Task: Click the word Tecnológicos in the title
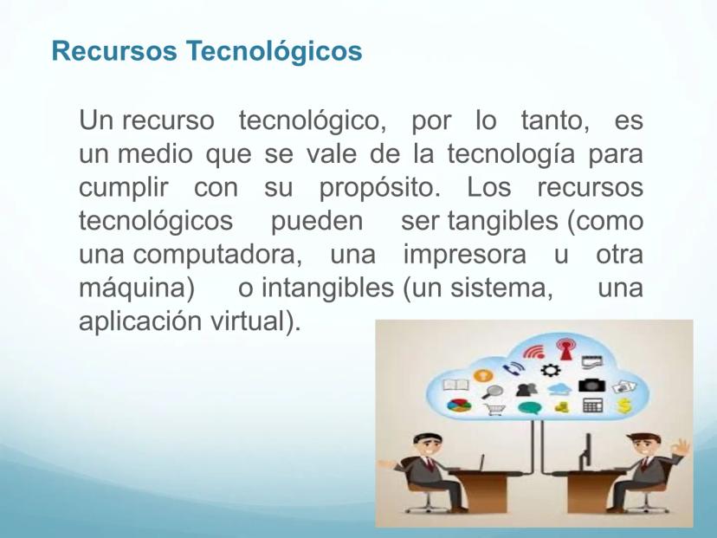(274, 52)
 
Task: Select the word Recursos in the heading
(114, 50)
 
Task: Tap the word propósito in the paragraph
(379, 189)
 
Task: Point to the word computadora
(217, 256)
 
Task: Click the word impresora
(465, 256)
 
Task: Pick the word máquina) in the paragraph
(137, 288)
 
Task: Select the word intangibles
(327, 288)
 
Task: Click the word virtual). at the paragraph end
(255, 321)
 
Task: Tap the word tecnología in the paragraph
(511, 154)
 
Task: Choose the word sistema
(501, 288)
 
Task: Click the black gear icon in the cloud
(550, 370)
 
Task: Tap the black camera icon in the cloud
(591, 386)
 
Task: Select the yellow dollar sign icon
(624, 405)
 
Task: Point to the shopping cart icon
(494, 408)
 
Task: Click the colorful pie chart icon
(459, 405)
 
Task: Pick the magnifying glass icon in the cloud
(492, 392)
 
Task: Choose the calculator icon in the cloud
(592, 405)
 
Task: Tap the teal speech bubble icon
(529, 407)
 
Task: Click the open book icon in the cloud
(455, 385)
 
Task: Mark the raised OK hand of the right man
(681, 446)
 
